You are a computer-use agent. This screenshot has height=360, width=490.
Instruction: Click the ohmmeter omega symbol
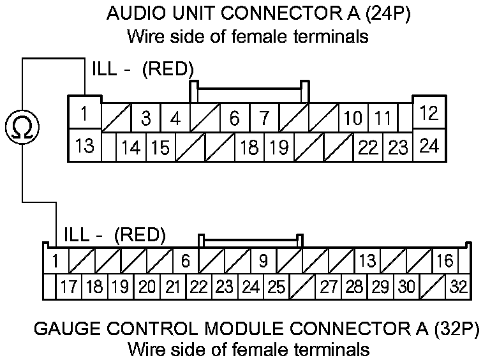[x=22, y=127]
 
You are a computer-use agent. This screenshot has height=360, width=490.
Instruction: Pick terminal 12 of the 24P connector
[x=429, y=114]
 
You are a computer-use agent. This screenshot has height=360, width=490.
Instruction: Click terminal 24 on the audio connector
[x=429, y=146]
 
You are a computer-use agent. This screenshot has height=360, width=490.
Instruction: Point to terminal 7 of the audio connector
[x=264, y=118]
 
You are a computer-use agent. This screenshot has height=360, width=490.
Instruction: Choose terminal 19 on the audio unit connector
[x=279, y=148]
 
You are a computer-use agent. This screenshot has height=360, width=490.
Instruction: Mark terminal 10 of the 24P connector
[x=353, y=118]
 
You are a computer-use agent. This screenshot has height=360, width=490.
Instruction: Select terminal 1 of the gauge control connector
[x=55, y=261]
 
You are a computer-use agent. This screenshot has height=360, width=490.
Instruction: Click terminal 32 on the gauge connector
[x=458, y=287]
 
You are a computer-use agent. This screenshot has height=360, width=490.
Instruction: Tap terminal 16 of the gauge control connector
[x=445, y=261]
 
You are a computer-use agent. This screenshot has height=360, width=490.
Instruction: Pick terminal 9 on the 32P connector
[x=263, y=261]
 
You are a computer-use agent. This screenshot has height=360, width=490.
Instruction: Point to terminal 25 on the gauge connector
[x=276, y=287]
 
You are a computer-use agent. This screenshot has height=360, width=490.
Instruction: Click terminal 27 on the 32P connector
[x=329, y=287]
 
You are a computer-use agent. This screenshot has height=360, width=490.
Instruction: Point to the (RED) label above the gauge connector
[x=140, y=236]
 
